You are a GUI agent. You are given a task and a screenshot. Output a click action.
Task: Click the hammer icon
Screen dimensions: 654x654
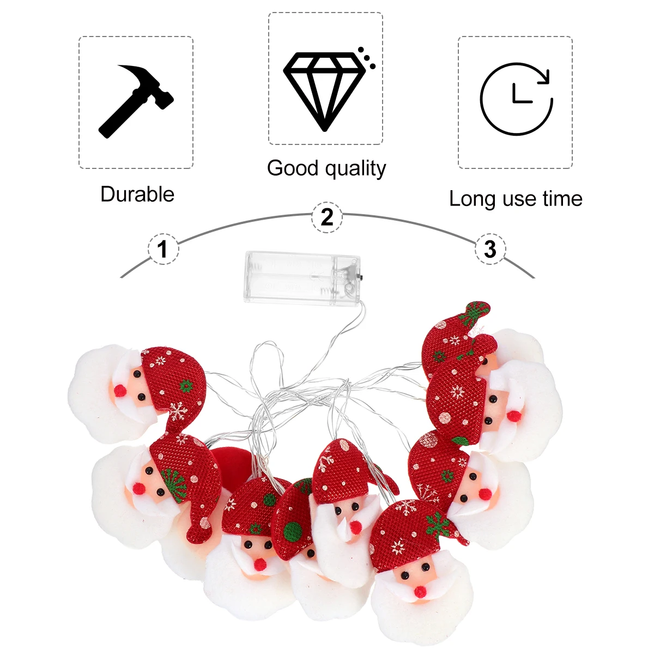(x=136, y=100)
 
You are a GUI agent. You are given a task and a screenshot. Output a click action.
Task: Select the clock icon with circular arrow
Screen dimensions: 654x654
(x=516, y=99)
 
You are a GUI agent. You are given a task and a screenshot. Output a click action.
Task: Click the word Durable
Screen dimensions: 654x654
(x=137, y=195)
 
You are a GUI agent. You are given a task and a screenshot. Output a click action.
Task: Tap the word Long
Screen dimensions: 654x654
(x=473, y=199)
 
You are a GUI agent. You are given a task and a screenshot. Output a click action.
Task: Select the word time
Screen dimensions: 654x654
(x=562, y=199)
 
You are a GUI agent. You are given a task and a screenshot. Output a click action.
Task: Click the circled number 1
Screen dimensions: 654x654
(x=162, y=250)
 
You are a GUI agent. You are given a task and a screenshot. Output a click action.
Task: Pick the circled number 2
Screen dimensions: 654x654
(x=326, y=217)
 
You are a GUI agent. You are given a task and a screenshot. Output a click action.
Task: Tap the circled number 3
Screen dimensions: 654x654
(x=490, y=250)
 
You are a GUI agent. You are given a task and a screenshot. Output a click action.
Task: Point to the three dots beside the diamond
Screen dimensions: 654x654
(x=366, y=57)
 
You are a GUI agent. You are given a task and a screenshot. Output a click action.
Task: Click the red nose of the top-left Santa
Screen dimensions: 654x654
(x=120, y=391)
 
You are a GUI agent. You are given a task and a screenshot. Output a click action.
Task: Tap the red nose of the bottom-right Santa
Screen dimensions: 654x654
(x=420, y=592)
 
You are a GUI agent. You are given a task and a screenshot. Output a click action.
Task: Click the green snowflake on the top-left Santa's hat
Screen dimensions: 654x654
(x=186, y=386)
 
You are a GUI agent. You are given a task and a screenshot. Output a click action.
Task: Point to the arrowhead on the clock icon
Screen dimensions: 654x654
(x=544, y=78)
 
